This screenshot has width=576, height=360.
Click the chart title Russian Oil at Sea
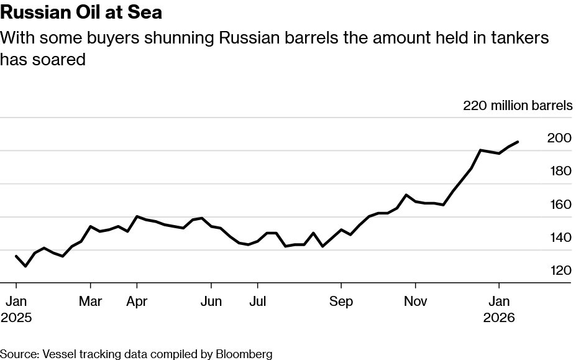coord(81,12)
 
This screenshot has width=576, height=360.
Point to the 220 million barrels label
coord(518,106)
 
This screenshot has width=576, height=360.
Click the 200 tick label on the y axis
coord(559,138)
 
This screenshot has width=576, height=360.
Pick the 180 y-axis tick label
coord(559,171)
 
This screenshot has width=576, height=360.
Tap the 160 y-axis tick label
coord(559,205)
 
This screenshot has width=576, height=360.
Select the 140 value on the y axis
coord(559,238)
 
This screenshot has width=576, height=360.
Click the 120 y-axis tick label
coord(559,270)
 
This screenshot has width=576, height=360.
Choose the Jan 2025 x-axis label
coord(16,309)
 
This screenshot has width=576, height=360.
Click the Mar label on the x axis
coord(91,302)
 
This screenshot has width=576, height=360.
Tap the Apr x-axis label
coord(137,302)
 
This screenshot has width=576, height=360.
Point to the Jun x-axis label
coord(211,302)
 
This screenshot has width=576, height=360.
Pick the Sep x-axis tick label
coord(341,302)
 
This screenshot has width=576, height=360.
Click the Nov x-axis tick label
coord(415,302)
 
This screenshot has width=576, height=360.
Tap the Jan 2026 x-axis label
coord(498,309)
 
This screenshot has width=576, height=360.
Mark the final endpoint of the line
coord(518,142)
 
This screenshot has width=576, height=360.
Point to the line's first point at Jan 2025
coord(16,256)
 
